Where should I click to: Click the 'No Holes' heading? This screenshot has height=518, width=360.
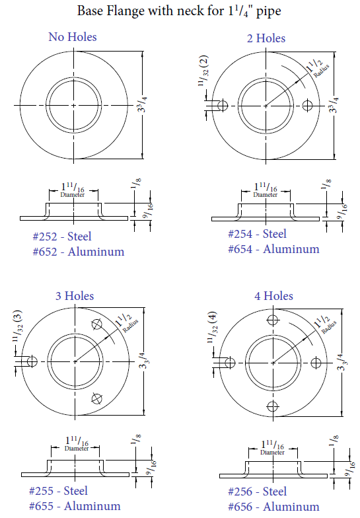tap(73, 37)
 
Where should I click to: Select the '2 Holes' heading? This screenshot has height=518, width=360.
tap(266, 38)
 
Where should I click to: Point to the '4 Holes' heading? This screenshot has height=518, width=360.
tap(273, 295)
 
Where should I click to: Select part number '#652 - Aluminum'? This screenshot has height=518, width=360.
tap(79, 252)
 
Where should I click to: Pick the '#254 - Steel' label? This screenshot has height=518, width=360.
tap(257, 234)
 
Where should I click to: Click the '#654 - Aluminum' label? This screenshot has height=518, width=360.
tap(273, 249)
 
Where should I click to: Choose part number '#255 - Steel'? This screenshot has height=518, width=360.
tap(58, 491)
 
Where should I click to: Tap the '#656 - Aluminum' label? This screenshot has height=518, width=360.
tap(273, 506)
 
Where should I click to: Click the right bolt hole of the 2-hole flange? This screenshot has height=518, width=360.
tap(306, 105)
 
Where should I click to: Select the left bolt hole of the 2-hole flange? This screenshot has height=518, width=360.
tap(223, 105)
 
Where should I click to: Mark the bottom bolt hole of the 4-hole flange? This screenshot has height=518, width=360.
tap(270, 404)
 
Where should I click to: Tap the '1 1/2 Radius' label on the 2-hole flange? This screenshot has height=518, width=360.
tap(316, 68)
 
